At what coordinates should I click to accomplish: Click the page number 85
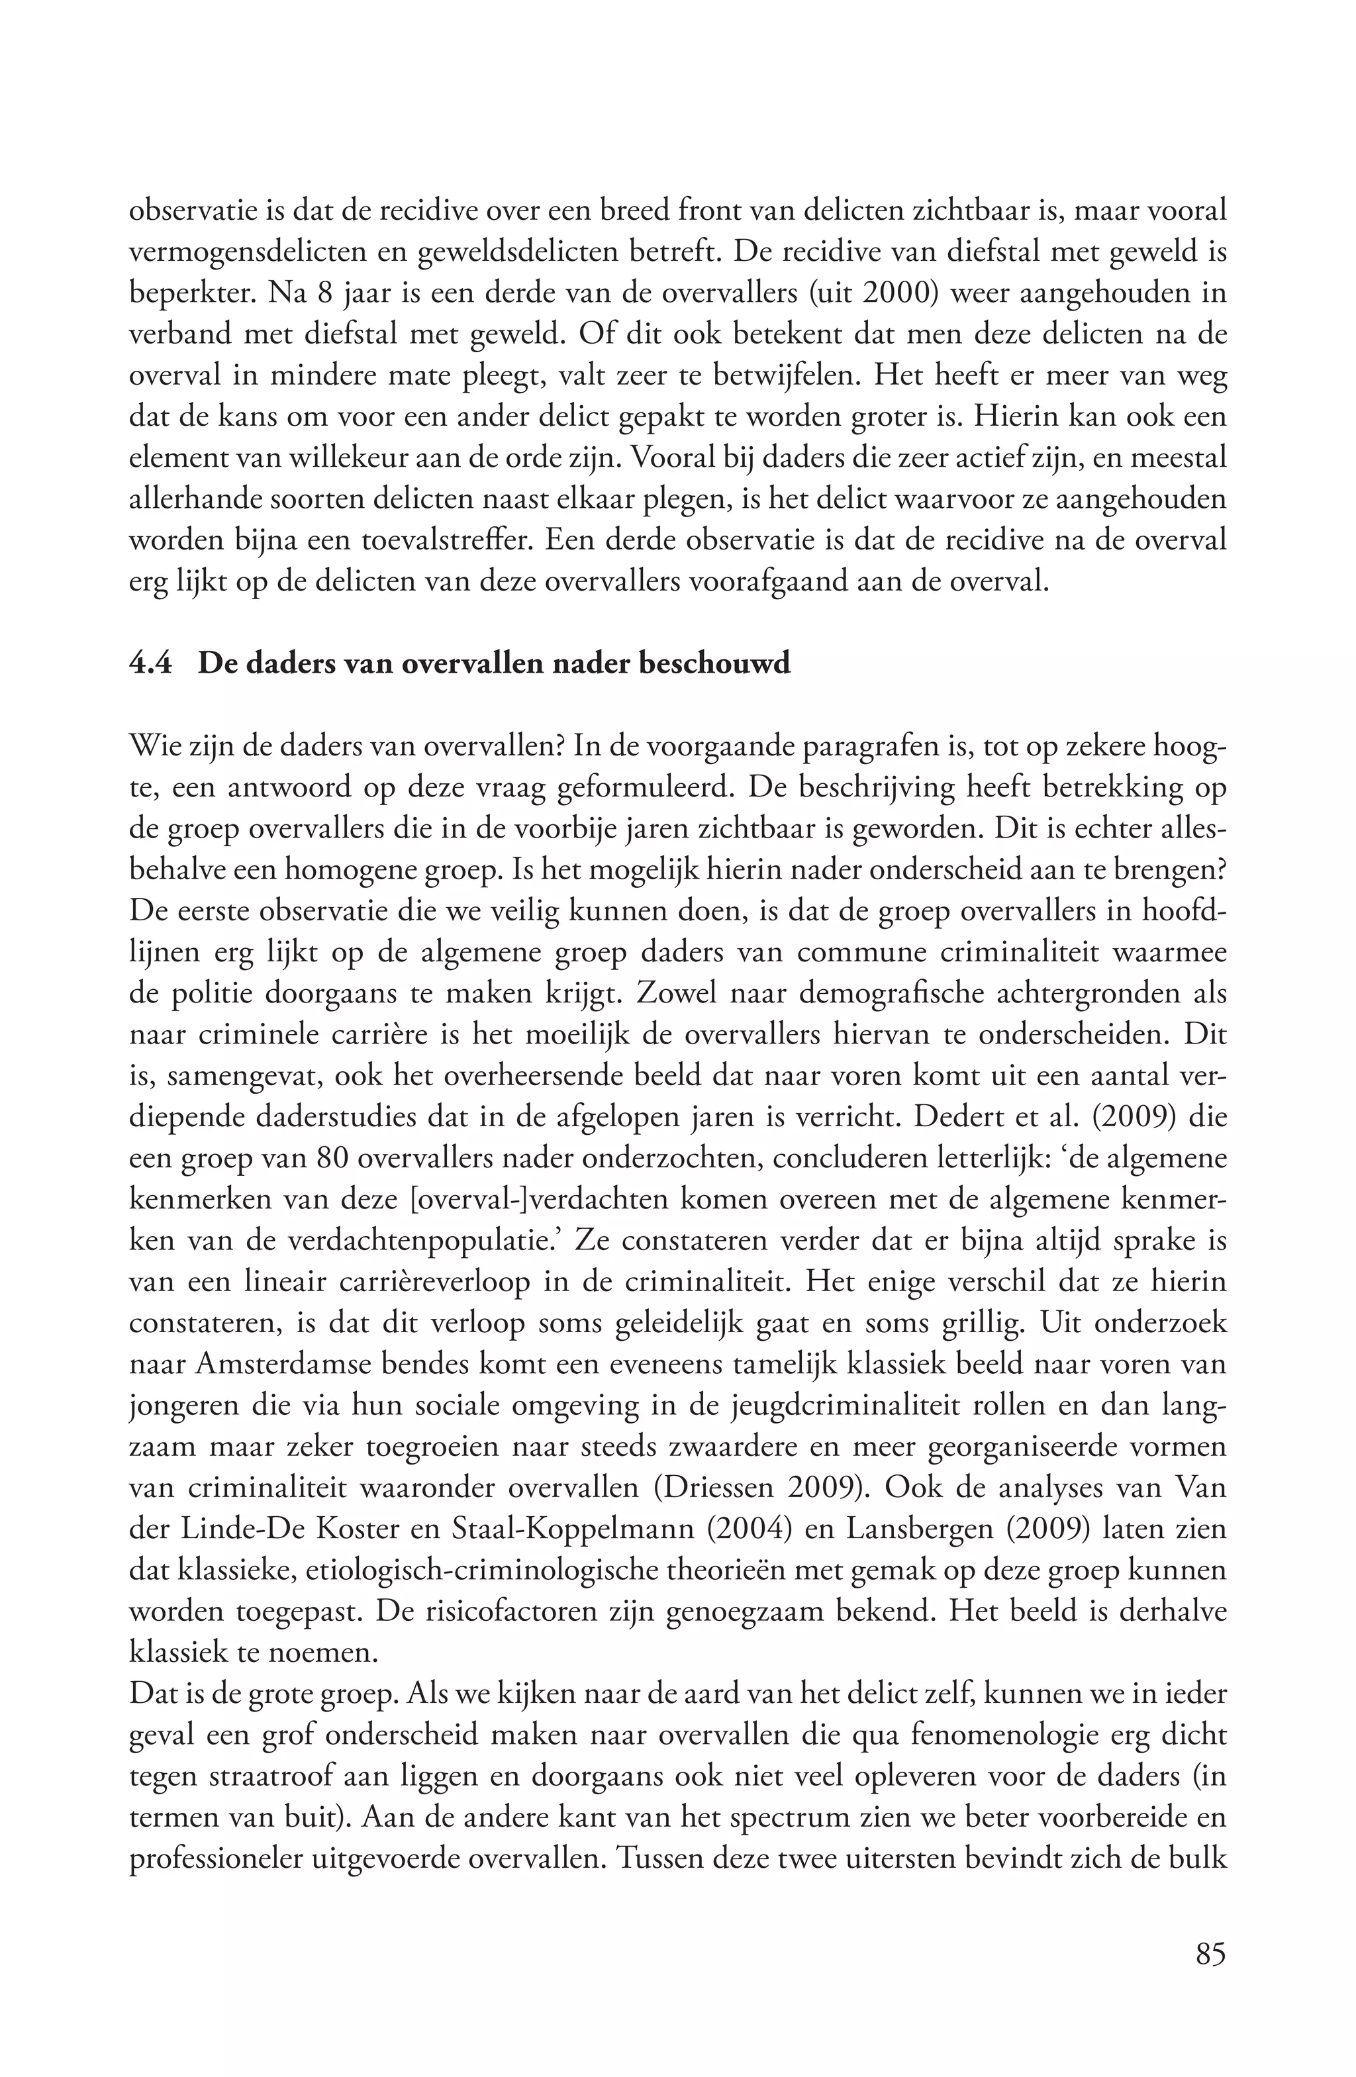(1210, 1953)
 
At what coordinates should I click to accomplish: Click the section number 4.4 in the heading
(151, 664)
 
